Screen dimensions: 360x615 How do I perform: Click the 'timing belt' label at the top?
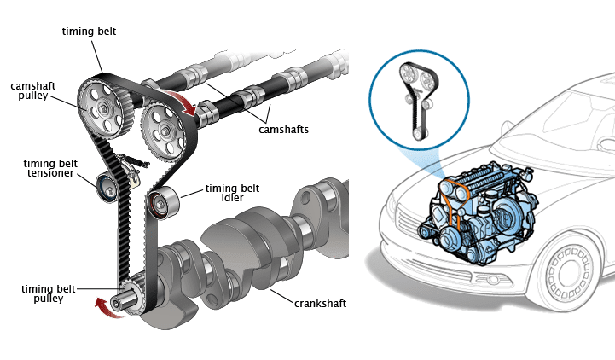tap(89, 31)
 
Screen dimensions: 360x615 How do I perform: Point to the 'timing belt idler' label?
tap(225, 194)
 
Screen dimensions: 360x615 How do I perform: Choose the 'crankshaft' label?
tap(320, 303)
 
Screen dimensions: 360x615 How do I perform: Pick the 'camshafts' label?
tap(283, 130)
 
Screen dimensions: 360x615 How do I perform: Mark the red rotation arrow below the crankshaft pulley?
tap(108, 308)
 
